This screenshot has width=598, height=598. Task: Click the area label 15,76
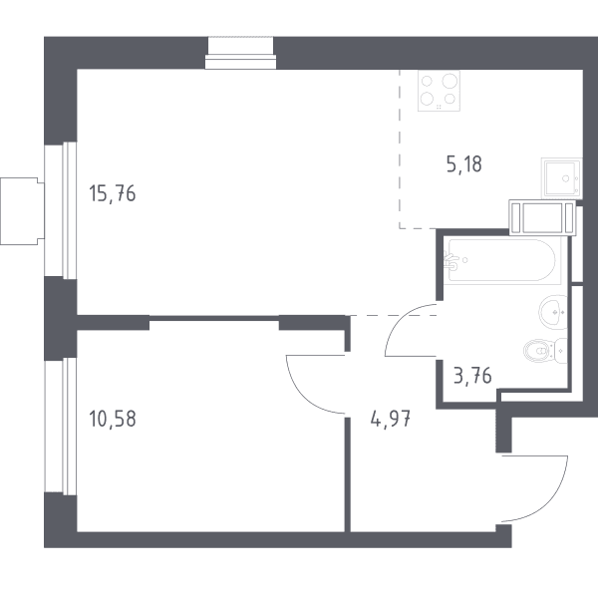112,193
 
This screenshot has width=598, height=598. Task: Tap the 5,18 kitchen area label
464,164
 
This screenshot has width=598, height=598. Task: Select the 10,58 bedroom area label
112,419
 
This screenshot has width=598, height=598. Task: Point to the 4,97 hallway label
391,419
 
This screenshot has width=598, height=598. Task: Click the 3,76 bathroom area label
472,376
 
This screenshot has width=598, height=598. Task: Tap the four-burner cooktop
439,91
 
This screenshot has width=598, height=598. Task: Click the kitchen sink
561,178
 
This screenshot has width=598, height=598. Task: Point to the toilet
545,350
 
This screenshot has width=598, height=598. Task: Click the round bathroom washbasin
553,312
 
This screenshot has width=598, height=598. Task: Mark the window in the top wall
240,54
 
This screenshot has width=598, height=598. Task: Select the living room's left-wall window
61,210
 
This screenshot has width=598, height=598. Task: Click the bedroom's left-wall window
61,427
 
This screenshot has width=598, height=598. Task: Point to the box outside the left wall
22,211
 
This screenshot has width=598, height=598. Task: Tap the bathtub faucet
452,260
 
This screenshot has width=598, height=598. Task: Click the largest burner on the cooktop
449,81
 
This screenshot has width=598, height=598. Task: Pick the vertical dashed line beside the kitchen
400,149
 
